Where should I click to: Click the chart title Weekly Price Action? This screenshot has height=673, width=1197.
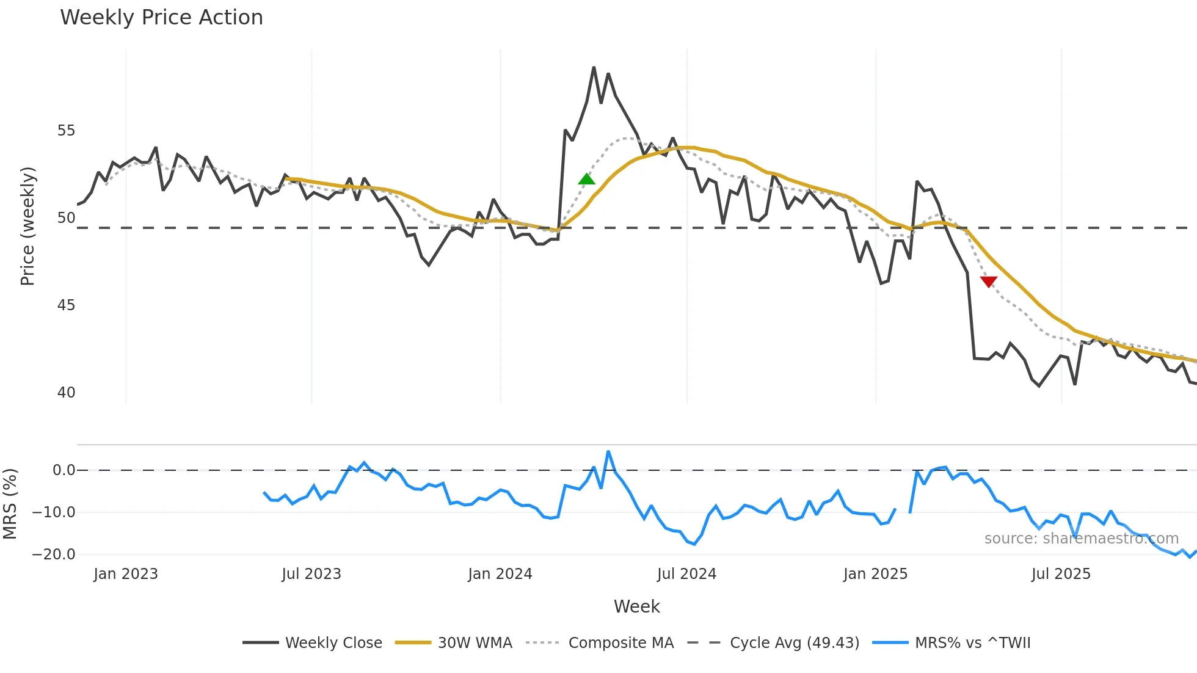[x=161, y=18]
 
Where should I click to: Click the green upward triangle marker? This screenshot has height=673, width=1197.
[x=586, y=179]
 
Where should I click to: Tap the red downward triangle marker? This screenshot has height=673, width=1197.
[x=989, y=282]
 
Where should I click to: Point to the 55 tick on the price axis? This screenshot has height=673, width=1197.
[x=66, y=131]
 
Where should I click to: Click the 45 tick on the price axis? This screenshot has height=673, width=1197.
[x=66, y=305]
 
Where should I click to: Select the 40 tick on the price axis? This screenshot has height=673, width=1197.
[x=66, y=393]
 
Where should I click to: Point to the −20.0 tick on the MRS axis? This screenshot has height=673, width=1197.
[x=54, y=555]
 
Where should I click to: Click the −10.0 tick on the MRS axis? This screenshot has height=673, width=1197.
[x=54, y=512]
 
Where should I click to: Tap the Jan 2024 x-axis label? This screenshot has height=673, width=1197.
[x=500, y=574]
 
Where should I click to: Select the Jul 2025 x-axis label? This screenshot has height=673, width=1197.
[x=1061, y=574]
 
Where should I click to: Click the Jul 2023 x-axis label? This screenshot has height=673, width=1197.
[x=311, y=574]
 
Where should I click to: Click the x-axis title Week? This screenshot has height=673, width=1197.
[x=636, y=606]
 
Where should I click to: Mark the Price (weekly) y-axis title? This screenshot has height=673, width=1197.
[x=27, y=226]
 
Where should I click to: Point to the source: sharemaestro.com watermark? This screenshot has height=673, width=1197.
[x=1081, y=539]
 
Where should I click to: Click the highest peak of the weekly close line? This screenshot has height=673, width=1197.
[x=594, y=68]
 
